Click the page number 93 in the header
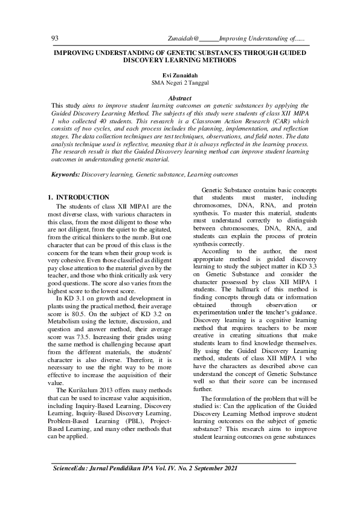pos(55,39)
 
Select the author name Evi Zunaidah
pos(181,74)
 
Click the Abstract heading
pos(181,98)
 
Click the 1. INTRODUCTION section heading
pos(78,198)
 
